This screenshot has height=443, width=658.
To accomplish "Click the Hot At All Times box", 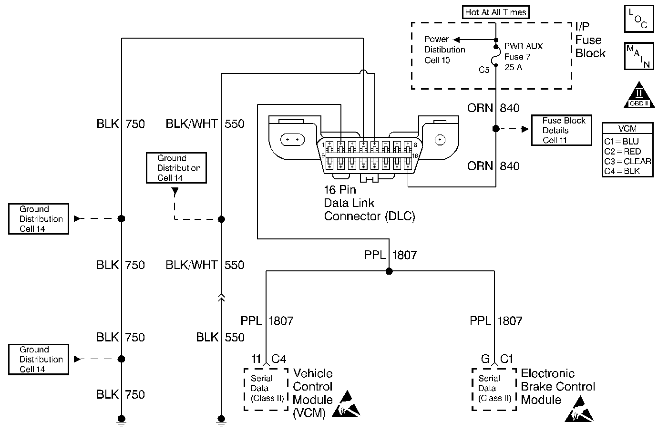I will [x=496, y=12].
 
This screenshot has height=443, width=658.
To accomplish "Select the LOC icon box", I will [x=638, y=19].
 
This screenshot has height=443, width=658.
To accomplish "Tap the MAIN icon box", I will [x=638, y=56].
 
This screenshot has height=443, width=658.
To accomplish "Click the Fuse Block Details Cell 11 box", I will [x=562, y=130].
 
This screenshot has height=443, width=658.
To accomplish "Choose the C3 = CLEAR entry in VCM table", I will [x=627, y=161].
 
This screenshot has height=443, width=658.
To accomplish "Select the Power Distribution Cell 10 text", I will [x=444, y=50].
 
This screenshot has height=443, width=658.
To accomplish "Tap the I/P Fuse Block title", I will [x=590, y=40].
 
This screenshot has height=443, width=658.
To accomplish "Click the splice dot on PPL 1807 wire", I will [x=389, y=271].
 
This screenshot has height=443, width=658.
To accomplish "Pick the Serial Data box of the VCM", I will [x=266, y=389].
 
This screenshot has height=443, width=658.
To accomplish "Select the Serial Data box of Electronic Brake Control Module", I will [x=494, y=389].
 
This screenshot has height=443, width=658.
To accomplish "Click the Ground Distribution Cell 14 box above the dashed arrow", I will [x=176, y=168].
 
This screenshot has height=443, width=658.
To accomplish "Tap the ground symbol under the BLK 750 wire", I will [x=122, y=420].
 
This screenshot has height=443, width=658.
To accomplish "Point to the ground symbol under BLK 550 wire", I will [x=221, y=420].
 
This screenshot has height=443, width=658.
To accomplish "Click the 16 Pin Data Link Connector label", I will [x=369, y=203].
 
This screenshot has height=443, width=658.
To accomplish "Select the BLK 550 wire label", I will [x=220, y=338].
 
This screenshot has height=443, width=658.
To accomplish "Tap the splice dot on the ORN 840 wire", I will [x=496, y=129].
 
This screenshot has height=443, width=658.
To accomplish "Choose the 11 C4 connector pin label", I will [x=269, y=359].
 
